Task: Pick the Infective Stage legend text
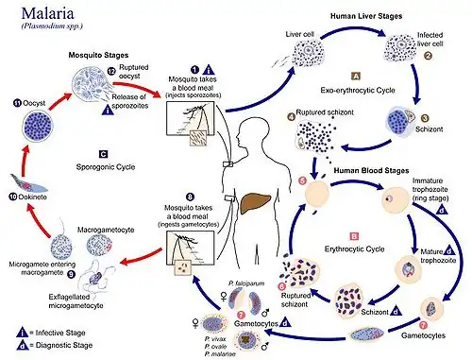(47, 331)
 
